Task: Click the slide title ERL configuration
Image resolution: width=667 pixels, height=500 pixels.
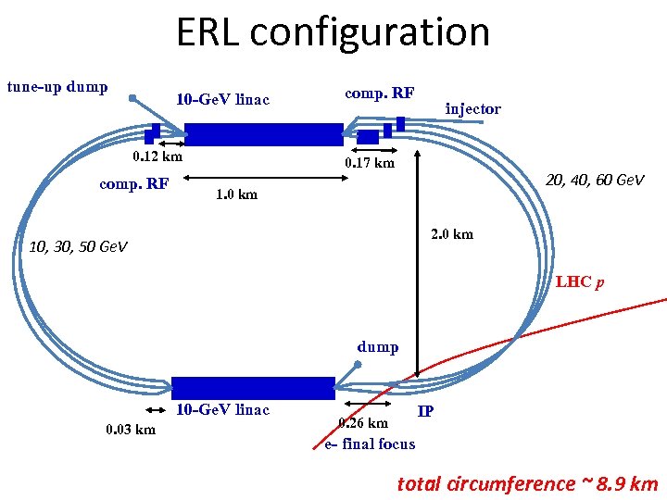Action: click(333, 32)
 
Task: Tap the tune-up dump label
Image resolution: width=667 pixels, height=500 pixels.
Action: click(57, 87)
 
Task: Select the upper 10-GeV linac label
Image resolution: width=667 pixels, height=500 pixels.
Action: click(225, 99)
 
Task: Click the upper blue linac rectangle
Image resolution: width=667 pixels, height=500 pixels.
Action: click(264, 135)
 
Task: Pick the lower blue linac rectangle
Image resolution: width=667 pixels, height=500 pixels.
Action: click(253, 388)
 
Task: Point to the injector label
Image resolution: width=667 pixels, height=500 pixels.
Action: click(472, 109)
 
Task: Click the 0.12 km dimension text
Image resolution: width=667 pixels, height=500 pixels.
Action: click(157, 156)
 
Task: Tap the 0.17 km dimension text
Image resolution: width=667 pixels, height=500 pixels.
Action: click(369, 163)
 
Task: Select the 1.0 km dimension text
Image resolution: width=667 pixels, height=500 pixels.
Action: click(236, 194)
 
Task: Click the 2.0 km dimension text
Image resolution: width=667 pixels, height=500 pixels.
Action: click(450, 233)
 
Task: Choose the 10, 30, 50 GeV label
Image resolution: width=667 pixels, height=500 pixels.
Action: click(78, 247)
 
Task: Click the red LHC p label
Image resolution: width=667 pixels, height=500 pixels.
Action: click(580, 281)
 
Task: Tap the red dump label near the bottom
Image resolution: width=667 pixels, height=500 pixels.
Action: click(378, 347)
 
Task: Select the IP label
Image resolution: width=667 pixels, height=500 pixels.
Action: click(426, 410)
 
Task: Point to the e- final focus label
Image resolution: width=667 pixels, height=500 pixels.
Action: click(370, 444)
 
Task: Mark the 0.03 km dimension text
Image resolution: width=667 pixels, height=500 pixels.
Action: click(130, 430)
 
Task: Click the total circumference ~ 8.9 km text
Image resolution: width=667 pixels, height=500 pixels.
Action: click(527, 483)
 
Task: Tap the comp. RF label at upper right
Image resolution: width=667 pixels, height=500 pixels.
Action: click(379, 93)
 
